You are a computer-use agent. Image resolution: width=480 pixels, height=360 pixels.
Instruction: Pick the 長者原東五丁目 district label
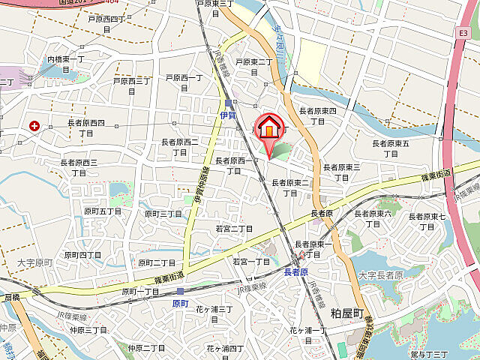(x=391, y=148)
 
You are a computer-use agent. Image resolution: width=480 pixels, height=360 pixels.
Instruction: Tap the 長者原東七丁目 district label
(x=427, y=221)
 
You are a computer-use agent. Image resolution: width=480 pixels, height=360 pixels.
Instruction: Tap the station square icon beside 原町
(x=180, y=291)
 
